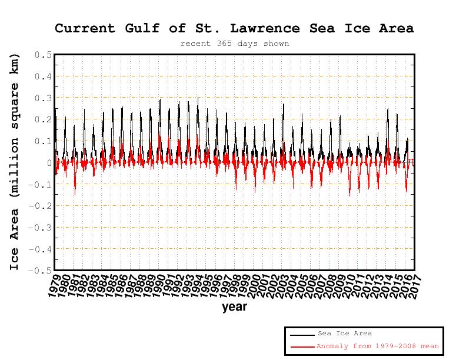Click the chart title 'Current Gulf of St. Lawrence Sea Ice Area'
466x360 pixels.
(234, 28)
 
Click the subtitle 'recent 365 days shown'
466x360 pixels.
(234, 44)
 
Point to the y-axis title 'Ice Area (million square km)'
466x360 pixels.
(15, 162)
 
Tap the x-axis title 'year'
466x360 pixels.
(234, 306)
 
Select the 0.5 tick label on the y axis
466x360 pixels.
(43, 55)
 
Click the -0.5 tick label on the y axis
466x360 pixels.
(41, 271)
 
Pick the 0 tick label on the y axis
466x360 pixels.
(49, 163)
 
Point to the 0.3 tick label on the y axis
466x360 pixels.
(43, 98)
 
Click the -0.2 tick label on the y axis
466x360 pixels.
(41, 206)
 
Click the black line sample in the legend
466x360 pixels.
(302, 334)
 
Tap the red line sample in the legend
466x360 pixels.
(302, 347)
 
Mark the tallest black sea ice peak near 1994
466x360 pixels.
(198, 98)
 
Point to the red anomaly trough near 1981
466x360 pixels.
(75, 194)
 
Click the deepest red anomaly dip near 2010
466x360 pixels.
(349, 195)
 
